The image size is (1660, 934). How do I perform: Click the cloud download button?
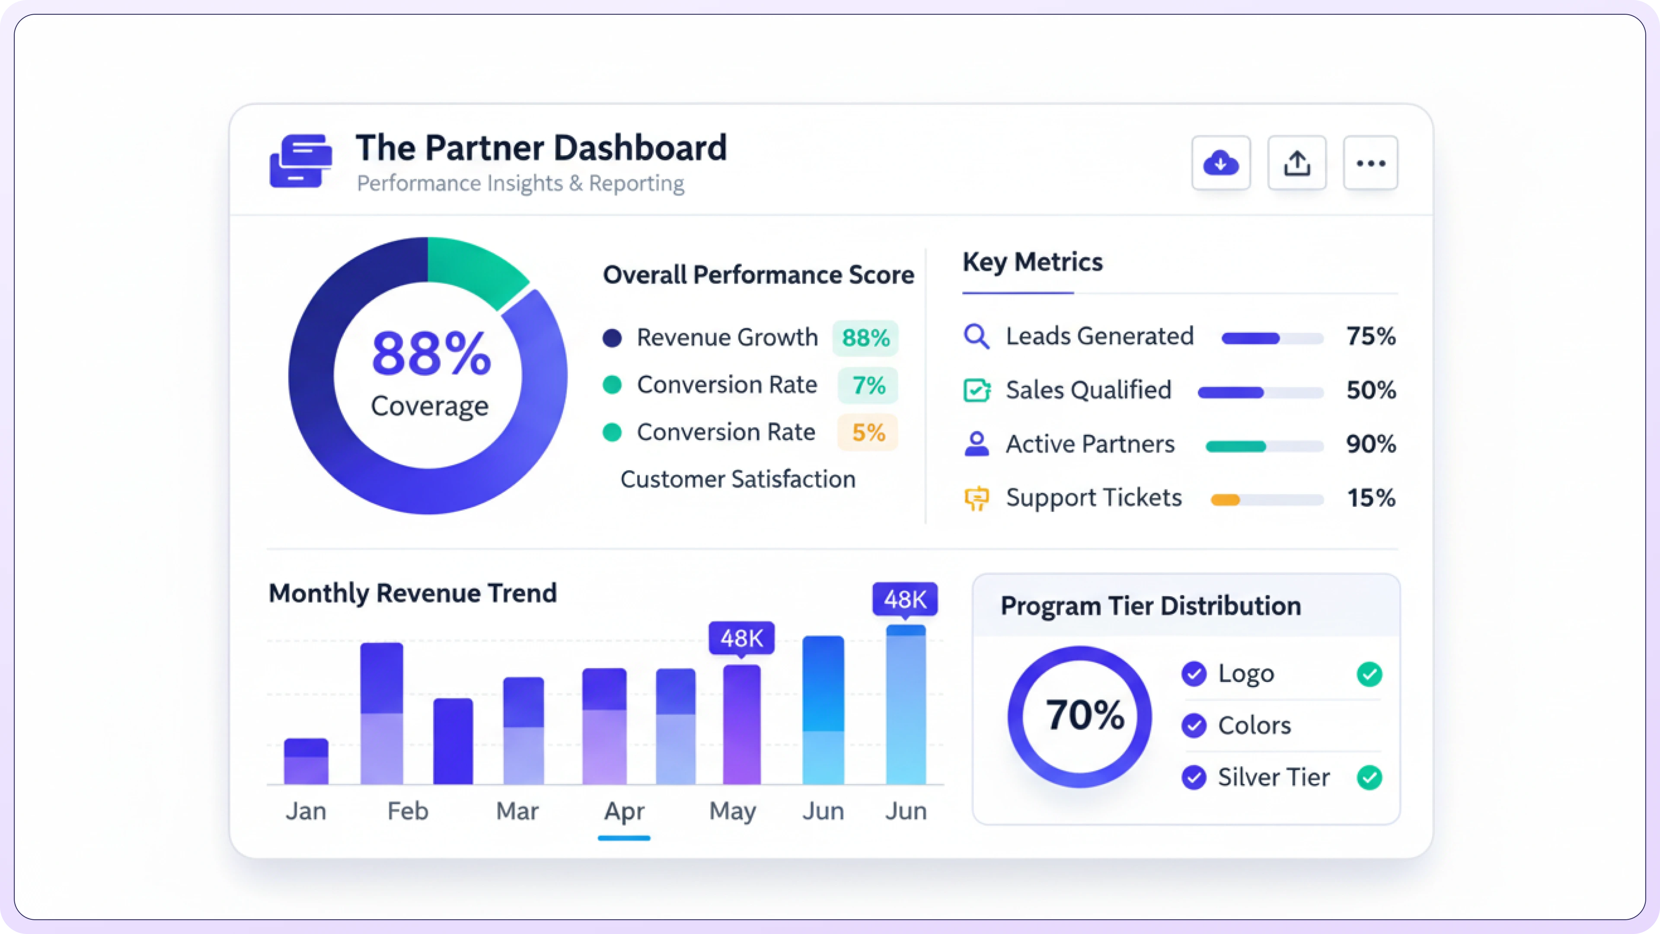tap(1220, 163)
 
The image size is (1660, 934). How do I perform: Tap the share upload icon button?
tap(1296, 163)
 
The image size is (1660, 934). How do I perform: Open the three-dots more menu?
tap(1371, 163)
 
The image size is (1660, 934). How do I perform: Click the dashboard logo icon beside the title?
tap(301, 161)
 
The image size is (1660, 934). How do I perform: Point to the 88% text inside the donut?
tap(431, 353)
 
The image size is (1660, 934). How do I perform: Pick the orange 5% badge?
tap(867, 432)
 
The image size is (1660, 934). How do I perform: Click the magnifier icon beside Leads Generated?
tap(976, 336)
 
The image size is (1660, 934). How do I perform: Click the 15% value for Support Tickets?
tap(1371, 498)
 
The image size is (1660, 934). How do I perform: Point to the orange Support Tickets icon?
tap(976, 498)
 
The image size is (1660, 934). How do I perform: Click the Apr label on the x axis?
tap(624, 811)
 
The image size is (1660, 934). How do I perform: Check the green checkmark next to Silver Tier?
tap(1369, 777)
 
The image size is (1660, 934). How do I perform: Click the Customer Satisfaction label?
tap(737, 480)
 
